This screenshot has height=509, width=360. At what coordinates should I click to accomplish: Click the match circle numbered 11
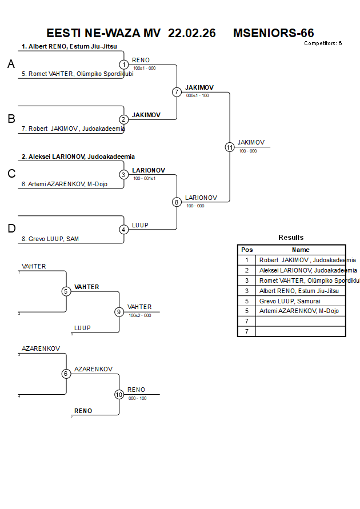[230, 147]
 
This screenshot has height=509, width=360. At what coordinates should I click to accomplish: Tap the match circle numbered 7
[177, 92]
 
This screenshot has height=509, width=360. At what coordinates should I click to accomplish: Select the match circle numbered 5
[66, 291]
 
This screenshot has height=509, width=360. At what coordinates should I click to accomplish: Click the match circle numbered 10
[119, 394]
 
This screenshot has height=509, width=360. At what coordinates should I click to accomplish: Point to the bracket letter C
[11, 174]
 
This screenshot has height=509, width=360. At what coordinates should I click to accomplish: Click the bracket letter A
[11, 65]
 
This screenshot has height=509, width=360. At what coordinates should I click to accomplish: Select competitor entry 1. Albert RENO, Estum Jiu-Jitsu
[70, 46]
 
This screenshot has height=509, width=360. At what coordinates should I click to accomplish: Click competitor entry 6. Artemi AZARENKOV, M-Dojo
[64, 184]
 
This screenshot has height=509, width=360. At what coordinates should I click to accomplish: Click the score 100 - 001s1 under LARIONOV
[145, 179]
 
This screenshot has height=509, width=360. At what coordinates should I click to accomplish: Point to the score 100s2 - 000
[140, 315]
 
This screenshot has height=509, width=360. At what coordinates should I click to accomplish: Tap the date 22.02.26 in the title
[192, 33]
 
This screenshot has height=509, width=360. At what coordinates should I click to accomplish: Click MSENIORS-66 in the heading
[273, 33]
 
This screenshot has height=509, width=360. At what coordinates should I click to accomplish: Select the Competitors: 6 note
[323, 43]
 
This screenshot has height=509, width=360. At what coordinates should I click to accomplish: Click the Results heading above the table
[291, 238]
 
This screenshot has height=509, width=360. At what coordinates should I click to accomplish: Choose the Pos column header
[247, 250]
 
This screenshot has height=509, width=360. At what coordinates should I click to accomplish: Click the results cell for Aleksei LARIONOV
[300, 270]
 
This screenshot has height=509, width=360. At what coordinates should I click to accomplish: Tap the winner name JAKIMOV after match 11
[251, 142]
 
